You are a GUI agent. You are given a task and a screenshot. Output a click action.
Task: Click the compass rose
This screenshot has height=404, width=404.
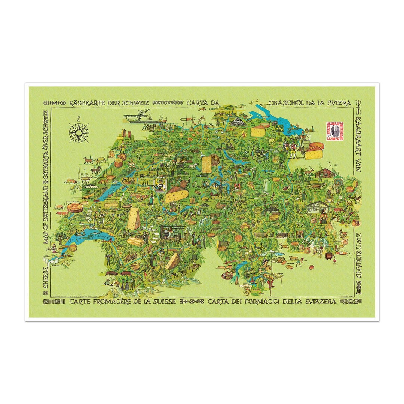tap(79, 132)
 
